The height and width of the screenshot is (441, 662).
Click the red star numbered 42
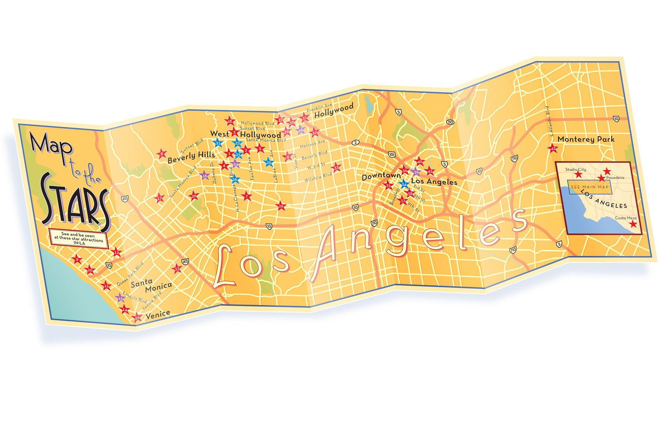pyautogui.click(x=553, y=149)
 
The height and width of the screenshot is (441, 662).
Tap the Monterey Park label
pyautogui.click(x=586, y=139)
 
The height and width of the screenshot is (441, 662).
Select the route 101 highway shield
pyautogui.click(x=392, y=152)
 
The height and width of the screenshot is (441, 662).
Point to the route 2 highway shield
pyautogui.click(x=355, y=143)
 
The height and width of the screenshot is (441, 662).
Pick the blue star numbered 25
pyautogui.click(x=269, y=162)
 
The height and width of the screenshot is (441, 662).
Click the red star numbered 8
pyautogui.click(x=161, y=154)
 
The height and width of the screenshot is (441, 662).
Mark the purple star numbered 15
pyautogui.click(x=120, y=298)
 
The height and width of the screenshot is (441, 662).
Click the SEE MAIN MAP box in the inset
pyautogui.click(x=590, y=187)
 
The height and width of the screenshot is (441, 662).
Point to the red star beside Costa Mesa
pyautogui.click(x=633, y=224)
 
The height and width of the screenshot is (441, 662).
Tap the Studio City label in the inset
pyautogui.click(x=576, y=170)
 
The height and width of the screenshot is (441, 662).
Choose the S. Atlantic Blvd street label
pyautogui.click(x=549, y=121)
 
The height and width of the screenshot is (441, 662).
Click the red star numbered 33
pyautogui.click(x=336, y=168)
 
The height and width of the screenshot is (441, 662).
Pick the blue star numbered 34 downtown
pyautogui.click(x=404, y=184)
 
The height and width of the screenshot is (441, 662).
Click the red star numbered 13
pyautogui.click(x=177, y=269)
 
